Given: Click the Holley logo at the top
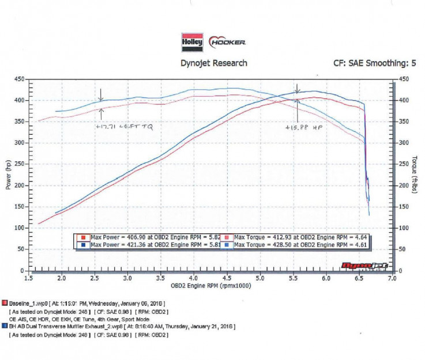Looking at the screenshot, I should click(x=192, y=42).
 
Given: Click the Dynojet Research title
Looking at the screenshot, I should click(x=214, y=63).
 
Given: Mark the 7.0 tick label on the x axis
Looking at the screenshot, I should click(x=392, y=278).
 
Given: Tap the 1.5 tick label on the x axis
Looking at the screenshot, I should click(x=28, y=278).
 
